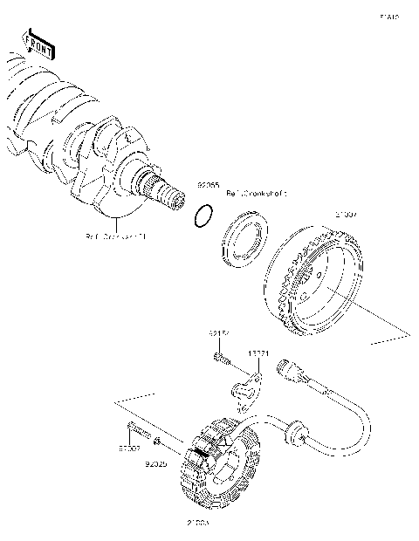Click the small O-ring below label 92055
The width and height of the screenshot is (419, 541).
coord(203,216)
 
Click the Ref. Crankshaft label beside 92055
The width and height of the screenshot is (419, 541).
coord(257,193)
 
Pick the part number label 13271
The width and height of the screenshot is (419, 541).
coord(258,353)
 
